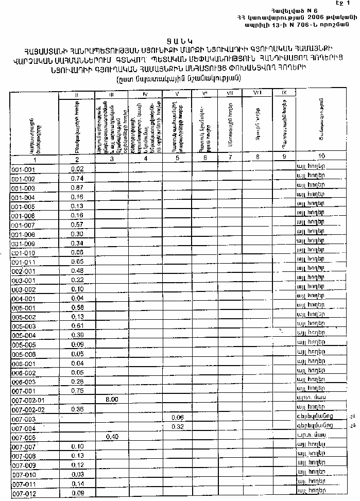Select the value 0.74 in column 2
(77, 179)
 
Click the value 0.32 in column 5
(178, 427)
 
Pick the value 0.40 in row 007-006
(112, 437)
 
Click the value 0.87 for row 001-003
(77, 188)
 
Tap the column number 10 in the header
(322, 156)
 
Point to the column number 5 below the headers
(177, 158)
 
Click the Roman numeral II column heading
(77, 95)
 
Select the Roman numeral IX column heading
(284, 92)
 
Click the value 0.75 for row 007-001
(77, 390)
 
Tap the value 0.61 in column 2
(77, 326)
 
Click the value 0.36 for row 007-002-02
(77, 409)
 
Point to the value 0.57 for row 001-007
(77, 225)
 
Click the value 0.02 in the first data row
(77, 169)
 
